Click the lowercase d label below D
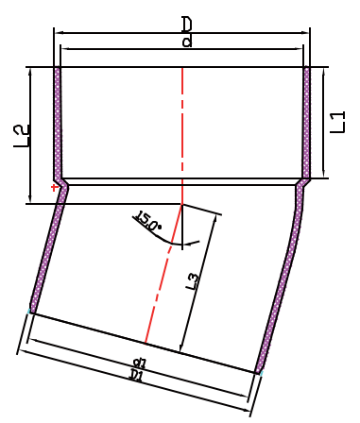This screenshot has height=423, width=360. pyautogui.click(x=186, y=41)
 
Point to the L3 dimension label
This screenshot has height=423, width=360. pyautogui.click(x=193, y=280)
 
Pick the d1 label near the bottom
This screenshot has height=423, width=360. pyautogui.click(x=140, y=362)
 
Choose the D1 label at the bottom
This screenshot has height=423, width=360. pyautogui.click(x=137, y=376)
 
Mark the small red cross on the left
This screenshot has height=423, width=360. pyautogui.click(x=55, y=189)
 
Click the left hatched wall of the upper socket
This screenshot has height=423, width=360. pyautogui.click(x=57, y=123)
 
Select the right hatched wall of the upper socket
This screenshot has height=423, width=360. pyautogui.click(x=307, y=123)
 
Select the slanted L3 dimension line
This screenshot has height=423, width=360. pyautogui.click(x=200, y=279)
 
